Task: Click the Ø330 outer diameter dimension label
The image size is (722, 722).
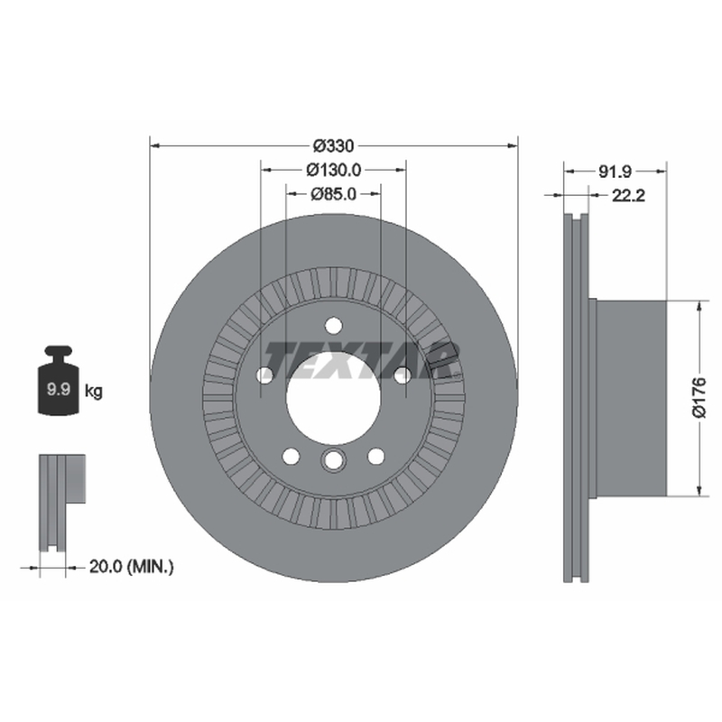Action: coord(333,146)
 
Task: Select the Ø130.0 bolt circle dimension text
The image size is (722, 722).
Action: coord(334,170)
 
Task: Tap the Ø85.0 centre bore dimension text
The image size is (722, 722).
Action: coord(334,194)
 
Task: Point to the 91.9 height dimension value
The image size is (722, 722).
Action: coord(615,171)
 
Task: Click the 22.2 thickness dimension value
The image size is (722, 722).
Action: coord(628,196)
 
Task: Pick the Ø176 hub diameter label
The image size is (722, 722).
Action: coord(699,397)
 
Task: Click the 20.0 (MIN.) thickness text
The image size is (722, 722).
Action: coord(131,567)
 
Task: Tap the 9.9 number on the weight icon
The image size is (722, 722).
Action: coord(59,389)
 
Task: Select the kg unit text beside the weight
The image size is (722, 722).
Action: coord(94,392)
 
